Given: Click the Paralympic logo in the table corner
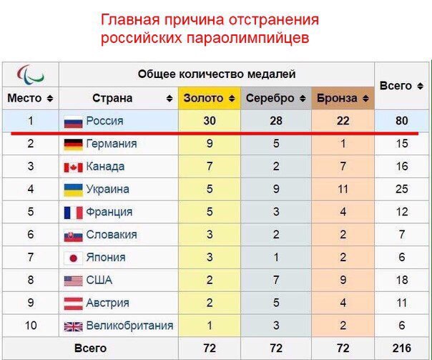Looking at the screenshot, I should (31, 74).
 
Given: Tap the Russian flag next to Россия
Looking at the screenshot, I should (74, 122).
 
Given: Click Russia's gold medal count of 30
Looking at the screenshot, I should (209, 121).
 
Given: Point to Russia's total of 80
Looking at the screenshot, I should (401, 121).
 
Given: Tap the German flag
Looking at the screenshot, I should (74, 144).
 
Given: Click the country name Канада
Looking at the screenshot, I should (105, 167).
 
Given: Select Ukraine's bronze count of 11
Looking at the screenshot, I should (343, 190).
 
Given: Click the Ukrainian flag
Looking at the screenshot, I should (74, 190).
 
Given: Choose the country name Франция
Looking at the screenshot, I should (109, 212).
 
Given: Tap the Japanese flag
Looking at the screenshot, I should (74, 258).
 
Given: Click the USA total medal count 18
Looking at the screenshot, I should (401, 280).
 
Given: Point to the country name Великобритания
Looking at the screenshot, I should (129, 326).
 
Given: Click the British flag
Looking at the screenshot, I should (74, 326).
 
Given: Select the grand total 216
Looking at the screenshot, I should (401, 348).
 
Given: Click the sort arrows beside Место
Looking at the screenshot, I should (49, 98).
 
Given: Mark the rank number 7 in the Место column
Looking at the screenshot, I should (31, 258).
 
